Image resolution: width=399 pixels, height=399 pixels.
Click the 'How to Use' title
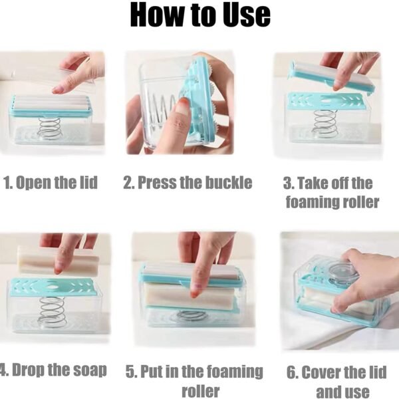(x=199, y=16)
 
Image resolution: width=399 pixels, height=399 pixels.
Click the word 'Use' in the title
(x=239, y=16)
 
